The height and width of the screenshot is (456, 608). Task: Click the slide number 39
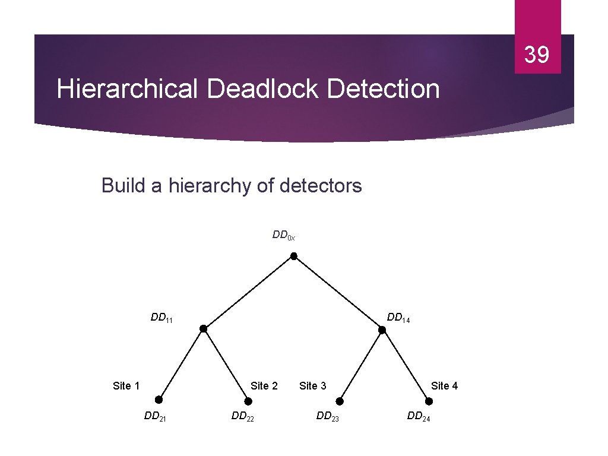coord(537,55)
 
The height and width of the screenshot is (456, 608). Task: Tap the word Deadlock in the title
coord(263,90)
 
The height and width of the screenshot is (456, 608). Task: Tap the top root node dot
coord(293,256)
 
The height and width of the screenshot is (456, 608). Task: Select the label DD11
coord(161,318)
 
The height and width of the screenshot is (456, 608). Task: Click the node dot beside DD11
coord(203,328)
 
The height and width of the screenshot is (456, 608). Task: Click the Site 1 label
coord(126,386)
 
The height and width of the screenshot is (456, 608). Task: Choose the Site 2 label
coord(264,386)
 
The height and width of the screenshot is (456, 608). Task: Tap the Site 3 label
coord(313,386)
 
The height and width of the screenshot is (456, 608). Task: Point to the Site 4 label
coord(444,386)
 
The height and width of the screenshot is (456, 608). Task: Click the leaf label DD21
coord(155,416)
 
